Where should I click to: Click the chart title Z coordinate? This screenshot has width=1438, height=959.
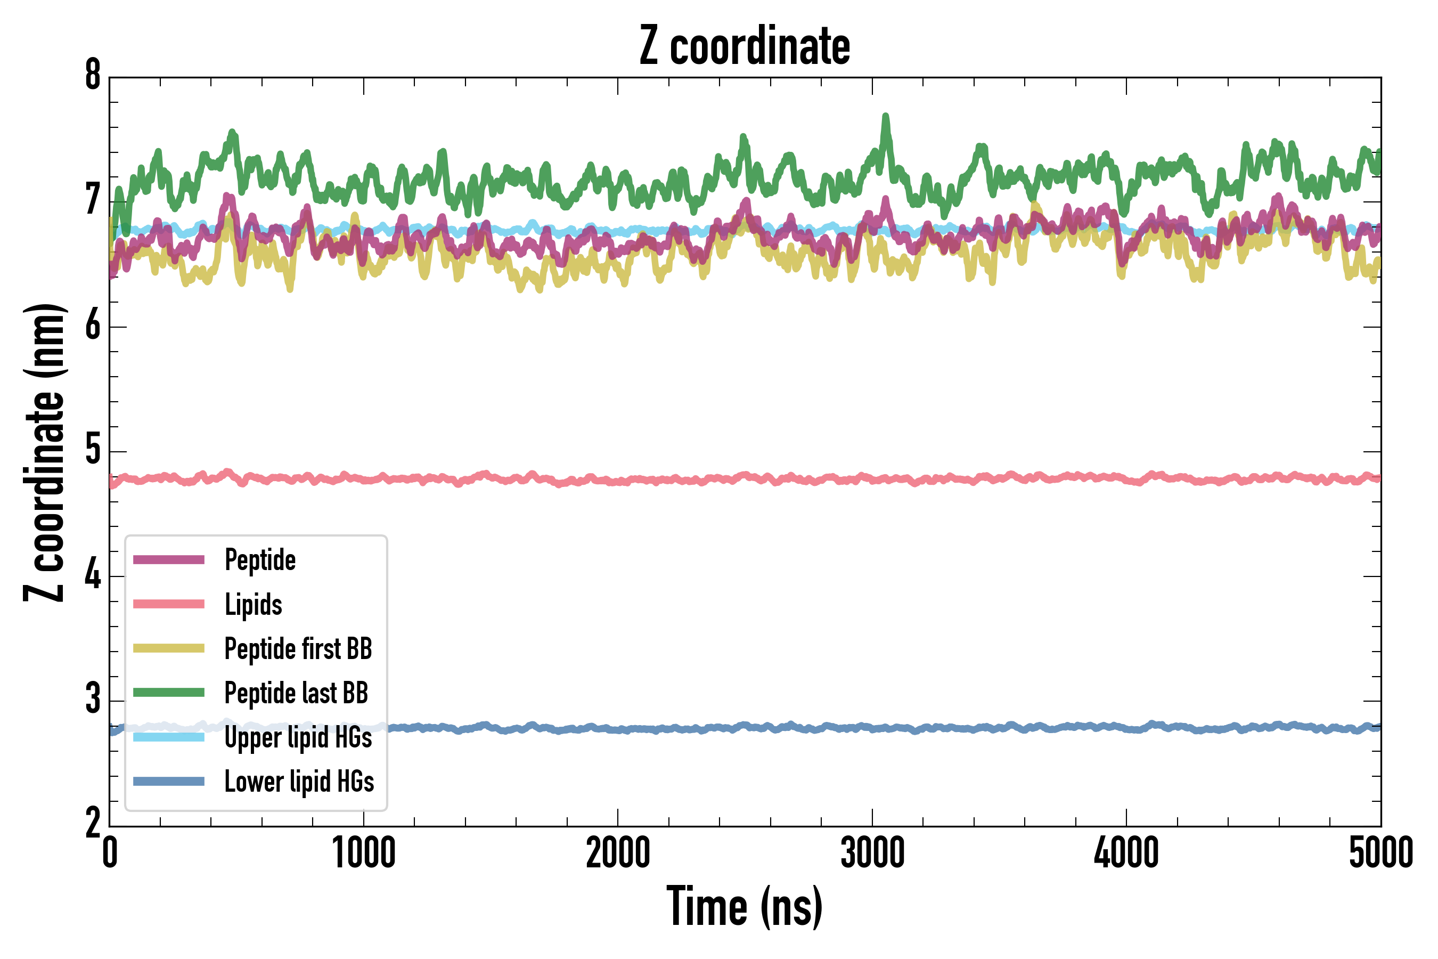[x=744, y=46]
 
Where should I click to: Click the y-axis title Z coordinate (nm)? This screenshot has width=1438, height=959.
[x=44, y=452]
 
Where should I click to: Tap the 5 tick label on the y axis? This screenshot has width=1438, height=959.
[x=93, y=451]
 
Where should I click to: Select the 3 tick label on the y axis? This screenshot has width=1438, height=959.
[x=93, y=700]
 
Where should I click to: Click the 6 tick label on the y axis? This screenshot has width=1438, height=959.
[x=93, y=326]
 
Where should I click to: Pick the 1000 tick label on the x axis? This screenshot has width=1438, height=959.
[x=364, y=853]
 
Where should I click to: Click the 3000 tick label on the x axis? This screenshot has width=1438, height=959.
[x=872, y=853]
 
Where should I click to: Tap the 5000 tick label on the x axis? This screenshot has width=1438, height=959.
[x=1380, y=853]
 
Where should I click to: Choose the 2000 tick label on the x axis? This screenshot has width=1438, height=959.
[x=618, y=853]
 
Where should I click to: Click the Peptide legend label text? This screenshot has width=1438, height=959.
[x=260, y=560]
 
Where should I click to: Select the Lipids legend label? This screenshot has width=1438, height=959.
[x=254, y=604]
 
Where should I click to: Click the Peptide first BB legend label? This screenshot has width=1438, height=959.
[x=298, y=648]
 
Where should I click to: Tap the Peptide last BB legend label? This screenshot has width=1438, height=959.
[x=297, y=693]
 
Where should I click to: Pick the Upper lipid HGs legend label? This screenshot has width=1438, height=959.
[x=298, y=737]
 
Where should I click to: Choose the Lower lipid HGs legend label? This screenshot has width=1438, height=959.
[x=299, y=782]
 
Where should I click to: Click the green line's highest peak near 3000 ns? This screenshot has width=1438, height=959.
[x=885, y=116]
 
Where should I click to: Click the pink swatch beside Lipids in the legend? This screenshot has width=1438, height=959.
[x=169, y=604]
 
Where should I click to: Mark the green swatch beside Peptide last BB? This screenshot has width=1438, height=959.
[x=169, y=692]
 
